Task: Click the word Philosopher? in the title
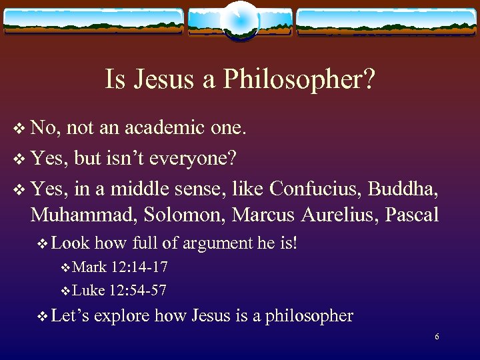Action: point(299,81)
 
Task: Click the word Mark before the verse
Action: point(89,268)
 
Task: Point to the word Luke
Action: point(89,291)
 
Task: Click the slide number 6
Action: point(437,337)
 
